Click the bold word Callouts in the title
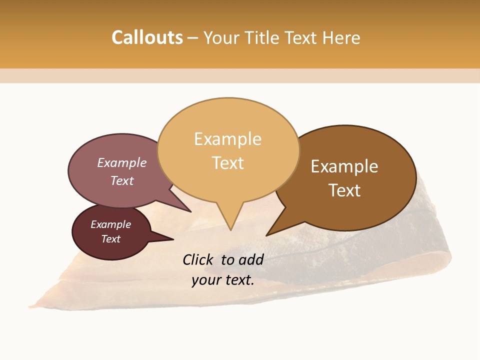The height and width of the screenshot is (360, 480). tap(147, 37)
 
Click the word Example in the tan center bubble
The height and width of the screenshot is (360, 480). tap(227, 139)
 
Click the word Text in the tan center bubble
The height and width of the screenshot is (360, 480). tap(228, 163)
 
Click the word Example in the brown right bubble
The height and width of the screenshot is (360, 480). tap(344, 166)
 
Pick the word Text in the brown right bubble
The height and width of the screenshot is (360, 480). tap(344, 190)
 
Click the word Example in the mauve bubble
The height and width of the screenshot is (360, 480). tap(122, 163)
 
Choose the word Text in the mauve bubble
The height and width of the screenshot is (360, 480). tap(122, 180)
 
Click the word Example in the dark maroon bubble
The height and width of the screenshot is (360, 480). tap(110, 224)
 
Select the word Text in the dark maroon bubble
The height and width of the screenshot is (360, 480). tap(111, 239)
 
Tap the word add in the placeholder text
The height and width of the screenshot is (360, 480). tap(251, 259)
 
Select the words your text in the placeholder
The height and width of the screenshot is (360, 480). tap(223, 280)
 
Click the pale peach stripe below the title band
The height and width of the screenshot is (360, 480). tap(240, 75)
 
